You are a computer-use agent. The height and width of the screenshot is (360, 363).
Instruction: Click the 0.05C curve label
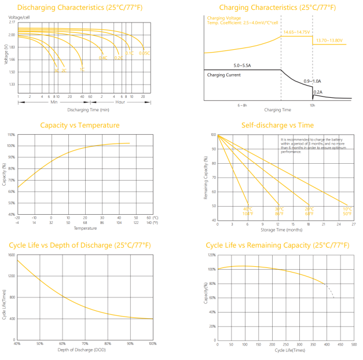coord(144,53)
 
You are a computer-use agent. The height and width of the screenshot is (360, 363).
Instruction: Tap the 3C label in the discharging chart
coord(57,70)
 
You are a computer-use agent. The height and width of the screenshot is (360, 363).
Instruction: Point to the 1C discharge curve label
coord(82,69)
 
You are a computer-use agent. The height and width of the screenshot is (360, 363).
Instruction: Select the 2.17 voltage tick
coord(12,22)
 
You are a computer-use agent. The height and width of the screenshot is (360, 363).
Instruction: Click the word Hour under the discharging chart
coord(120,102)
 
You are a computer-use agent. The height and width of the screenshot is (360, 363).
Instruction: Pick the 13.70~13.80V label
coord(329,41)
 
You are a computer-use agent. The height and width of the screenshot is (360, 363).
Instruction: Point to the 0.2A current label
coord(318,91)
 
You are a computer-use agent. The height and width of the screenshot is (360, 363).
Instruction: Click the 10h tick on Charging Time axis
coord(312,105)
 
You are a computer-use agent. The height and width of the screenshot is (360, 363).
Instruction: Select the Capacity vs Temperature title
coord(80,125)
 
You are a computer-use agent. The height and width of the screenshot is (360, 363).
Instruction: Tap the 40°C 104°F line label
coord(248,211)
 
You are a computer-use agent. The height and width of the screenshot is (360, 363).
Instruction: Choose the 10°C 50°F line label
coord(347,211)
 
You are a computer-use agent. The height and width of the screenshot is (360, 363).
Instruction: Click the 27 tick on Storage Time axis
coord(354,224)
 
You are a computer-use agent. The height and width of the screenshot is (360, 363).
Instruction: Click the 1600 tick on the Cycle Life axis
coord(12,255)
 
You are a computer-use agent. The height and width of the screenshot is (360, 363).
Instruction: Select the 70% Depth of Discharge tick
coord(85,344)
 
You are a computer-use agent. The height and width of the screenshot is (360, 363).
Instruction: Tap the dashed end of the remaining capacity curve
coord(330,291)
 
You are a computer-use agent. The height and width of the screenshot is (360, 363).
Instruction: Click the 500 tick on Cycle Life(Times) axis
coord(354,344)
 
